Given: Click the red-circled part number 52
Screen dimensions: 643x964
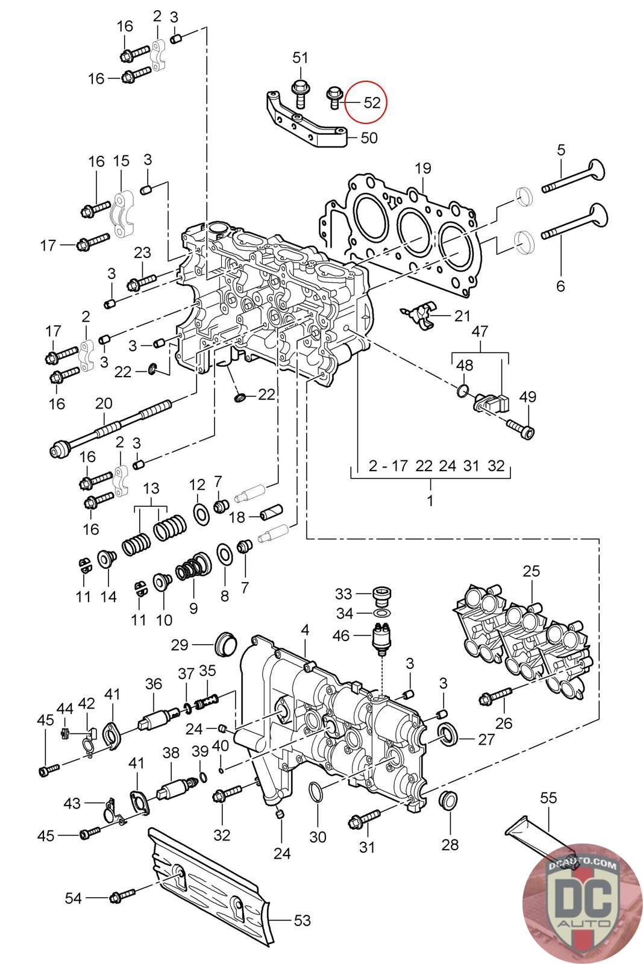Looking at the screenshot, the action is tap(372, 102).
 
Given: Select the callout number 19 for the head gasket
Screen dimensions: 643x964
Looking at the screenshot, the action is tap(422, 168).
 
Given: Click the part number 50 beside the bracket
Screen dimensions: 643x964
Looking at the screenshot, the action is tap(369, 138).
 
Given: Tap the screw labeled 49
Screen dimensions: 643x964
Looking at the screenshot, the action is tap(521, 428).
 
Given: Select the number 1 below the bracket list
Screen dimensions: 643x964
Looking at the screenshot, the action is tap(430, 500).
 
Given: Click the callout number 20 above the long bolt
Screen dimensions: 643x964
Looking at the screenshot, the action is tap(104, 403).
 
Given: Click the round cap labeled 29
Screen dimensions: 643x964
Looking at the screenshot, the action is tap(226, 644).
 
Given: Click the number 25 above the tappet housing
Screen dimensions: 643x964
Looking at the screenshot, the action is tap(531, 571).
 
